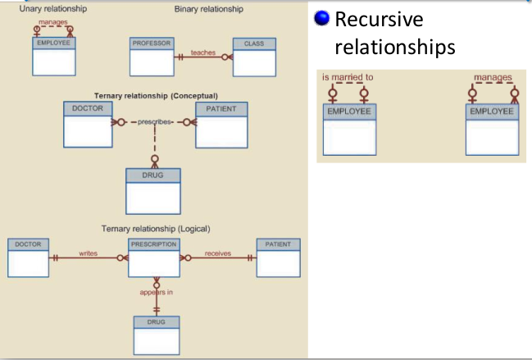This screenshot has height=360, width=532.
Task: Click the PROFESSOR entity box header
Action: pyautogui.click(x=152, y=43)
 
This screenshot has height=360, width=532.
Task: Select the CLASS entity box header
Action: pyautogui.click(x=254, y=43)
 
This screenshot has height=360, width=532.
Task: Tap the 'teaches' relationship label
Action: pyautogui.click(x=202, y=52)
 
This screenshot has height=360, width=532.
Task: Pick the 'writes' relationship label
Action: pyautogui.click(x=88, y=253)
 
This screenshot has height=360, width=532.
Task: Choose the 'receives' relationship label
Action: pyautogui.click(x=218, y=253)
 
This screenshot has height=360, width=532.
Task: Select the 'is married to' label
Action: pyautogui.click(x=348, y=78)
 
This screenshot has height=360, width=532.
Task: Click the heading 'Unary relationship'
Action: pyautogui.click(x=52, y=9)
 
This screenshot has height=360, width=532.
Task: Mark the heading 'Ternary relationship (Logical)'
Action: pyautogui.click(x=155, y=228)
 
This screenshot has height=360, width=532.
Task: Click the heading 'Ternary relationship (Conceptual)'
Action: pyautogui.click(x=155, y=95)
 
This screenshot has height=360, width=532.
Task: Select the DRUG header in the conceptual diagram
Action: pyautogui.click(x=153, y=175)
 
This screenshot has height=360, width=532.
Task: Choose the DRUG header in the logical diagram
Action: pyautogui.click(x=156, y=322)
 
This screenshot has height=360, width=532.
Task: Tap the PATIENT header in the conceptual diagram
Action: pyautogui.click(x=221, y=108)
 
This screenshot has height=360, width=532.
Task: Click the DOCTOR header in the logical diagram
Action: pyautogui.click(x=30, y=244)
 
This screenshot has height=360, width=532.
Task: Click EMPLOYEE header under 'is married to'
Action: pyautogui.click(x=348, y=112)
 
